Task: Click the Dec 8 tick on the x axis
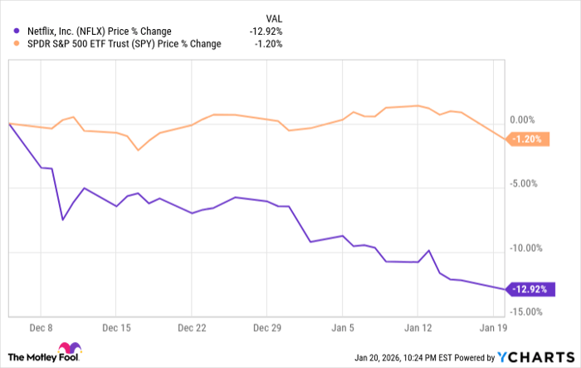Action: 45,326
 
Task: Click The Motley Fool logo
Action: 46,353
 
